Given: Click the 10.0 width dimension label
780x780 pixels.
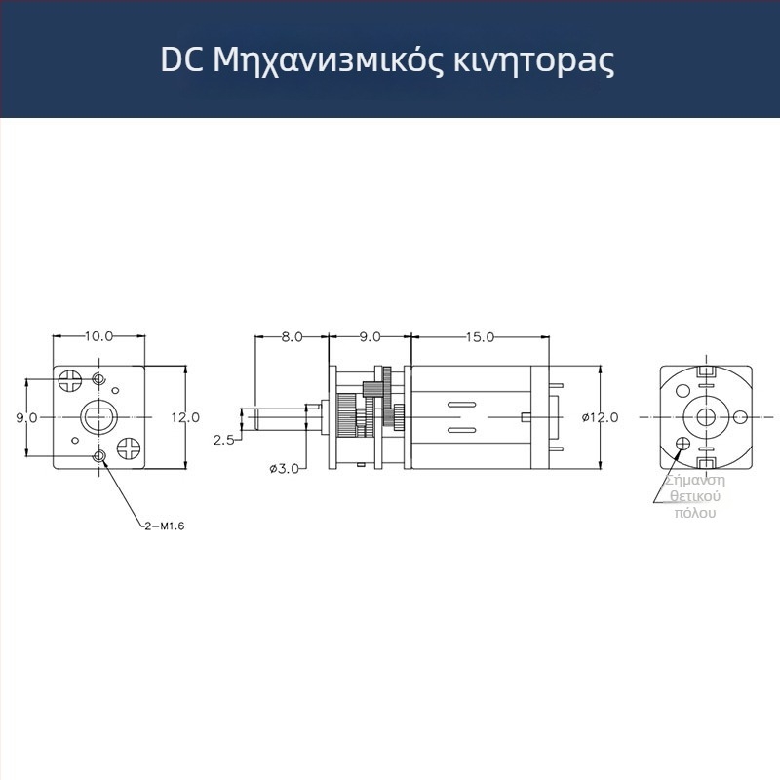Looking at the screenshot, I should coord(98,336).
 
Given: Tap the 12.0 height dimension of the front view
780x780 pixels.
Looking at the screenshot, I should coord(185,417).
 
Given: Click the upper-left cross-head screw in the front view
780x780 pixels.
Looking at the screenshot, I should coord(70,378).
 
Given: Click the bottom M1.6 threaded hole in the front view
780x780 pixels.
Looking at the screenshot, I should coord(97,456).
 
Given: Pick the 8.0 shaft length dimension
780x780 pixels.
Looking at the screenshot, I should coord(292,336).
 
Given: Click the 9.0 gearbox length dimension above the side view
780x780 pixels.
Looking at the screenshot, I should coord(370,336).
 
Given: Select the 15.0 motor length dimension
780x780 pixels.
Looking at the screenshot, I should coord(479,336).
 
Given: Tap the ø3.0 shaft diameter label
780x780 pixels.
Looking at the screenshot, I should coord(284,469).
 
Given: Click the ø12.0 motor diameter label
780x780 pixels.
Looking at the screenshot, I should coord(600,417).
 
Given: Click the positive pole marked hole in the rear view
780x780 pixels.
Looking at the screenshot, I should coord(682,444).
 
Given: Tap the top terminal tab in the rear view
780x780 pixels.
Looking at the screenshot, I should coord(707,371).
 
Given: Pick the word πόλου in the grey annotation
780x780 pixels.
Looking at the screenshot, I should coord(694,513).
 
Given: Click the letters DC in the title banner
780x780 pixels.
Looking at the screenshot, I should coord(181,60).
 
